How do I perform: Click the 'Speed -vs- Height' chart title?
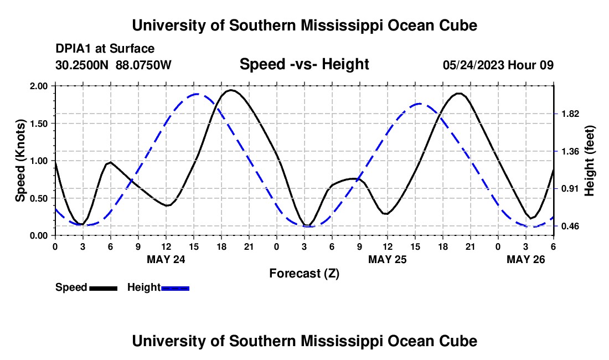304,65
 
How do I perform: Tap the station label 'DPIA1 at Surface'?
105,49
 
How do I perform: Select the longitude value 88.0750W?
144,65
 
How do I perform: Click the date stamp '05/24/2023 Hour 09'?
498,65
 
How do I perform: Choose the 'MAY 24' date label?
166,259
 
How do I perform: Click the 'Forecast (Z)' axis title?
304,273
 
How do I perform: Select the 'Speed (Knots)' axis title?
20,161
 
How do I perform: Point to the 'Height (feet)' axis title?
589,161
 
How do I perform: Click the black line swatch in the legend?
103,288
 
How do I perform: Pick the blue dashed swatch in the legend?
176,288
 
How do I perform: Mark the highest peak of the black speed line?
231,90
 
